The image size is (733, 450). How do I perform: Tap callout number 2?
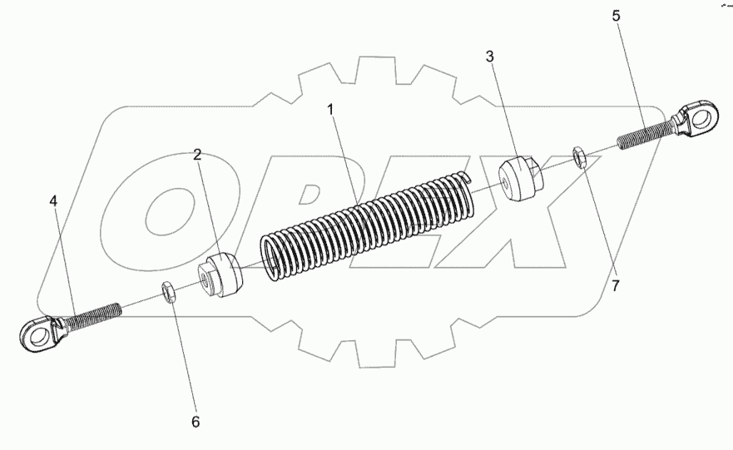point(198,154)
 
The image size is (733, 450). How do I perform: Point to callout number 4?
point(53,201)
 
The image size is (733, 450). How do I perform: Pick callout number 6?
point(196,422)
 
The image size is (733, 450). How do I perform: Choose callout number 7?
point(615,286)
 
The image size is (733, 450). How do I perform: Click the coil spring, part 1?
point(366,225)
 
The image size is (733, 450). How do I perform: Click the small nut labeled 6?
point(166,292)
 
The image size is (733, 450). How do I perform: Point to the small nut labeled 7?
point(582,156)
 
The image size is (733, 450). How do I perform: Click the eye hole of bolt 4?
point(32,334)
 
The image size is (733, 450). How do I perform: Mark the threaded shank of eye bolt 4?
point(98,313)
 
